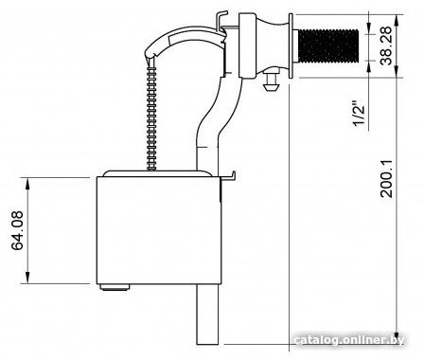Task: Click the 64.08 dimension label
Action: coord(18,230)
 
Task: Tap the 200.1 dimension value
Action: coord(386,179)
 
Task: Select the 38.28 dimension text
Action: coord(386,45)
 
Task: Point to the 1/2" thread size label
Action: coord(359,114)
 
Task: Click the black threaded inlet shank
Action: coord(328,45)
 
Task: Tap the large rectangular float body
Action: coord(159,230)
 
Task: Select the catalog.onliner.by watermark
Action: coord(348,340)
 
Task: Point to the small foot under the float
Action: coord(115,287)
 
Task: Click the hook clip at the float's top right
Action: coord(229,177)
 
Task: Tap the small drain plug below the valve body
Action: coord(271,81)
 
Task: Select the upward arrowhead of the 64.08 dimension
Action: coord(27,184)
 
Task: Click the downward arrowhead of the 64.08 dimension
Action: coord(27,278)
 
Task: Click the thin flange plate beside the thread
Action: coord(291,45)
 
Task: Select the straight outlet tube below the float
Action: coord(207,315)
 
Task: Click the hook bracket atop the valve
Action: coord(221,20)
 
